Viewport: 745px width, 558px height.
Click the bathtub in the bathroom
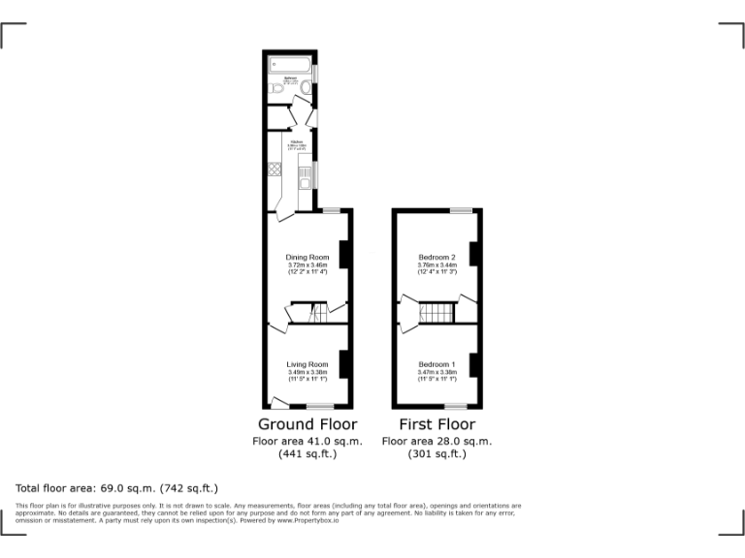(290, 65)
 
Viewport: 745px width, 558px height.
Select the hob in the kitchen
(275, 169)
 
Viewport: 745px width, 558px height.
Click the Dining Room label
(308, 257)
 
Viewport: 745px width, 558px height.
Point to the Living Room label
(308, 364)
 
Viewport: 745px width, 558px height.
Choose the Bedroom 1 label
(437, 364)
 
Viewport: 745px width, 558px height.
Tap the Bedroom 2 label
(437, 257)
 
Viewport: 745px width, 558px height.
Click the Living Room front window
(320, 406)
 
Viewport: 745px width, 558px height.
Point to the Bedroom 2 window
(461, 210)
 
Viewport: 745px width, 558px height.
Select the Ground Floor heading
(308, 424)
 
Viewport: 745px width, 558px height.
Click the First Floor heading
(437, 424)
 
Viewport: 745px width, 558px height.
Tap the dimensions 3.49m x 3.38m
(308, 372)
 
